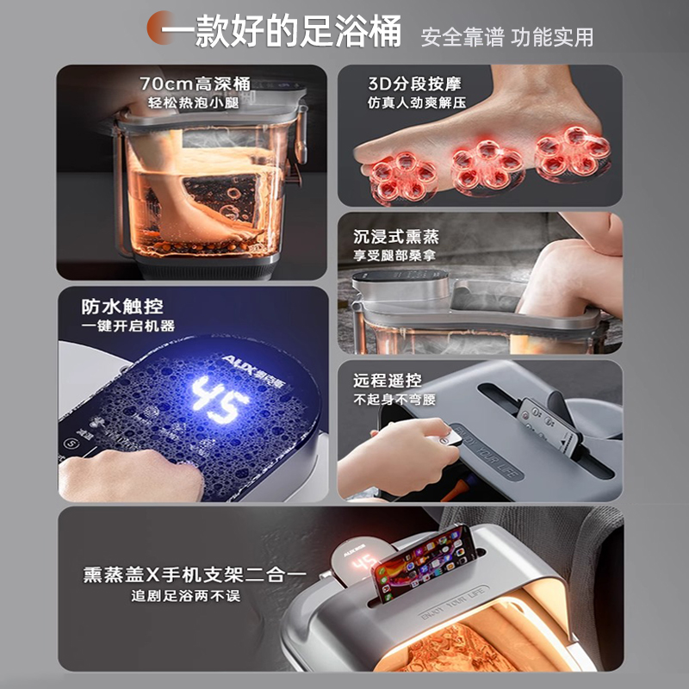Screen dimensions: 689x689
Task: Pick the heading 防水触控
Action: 122,306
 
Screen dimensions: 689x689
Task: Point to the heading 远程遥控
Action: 388,380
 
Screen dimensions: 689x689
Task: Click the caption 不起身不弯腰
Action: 394,400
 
